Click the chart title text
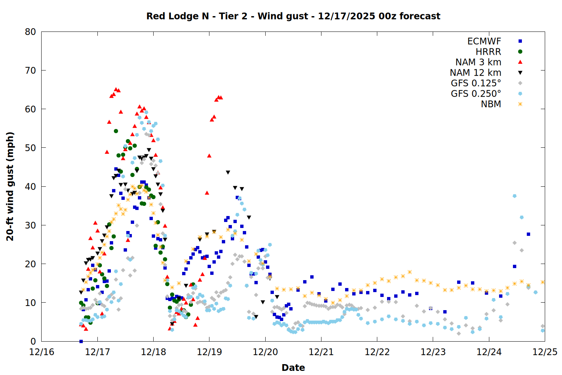293,16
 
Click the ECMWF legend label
484,41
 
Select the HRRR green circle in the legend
520,52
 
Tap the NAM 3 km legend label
478,62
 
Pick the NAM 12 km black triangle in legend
520,73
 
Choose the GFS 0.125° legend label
476,83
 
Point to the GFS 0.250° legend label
476,94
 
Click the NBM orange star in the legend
520,104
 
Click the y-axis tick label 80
30,32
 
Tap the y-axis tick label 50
30,148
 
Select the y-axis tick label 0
33,341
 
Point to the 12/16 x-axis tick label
42,352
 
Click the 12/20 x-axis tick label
265,352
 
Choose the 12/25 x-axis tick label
545,352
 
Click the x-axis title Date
293,367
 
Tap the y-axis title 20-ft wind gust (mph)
10,186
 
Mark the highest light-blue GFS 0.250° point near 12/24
514,196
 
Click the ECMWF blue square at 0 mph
81,341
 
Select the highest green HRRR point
116,131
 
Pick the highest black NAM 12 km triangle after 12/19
228,172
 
